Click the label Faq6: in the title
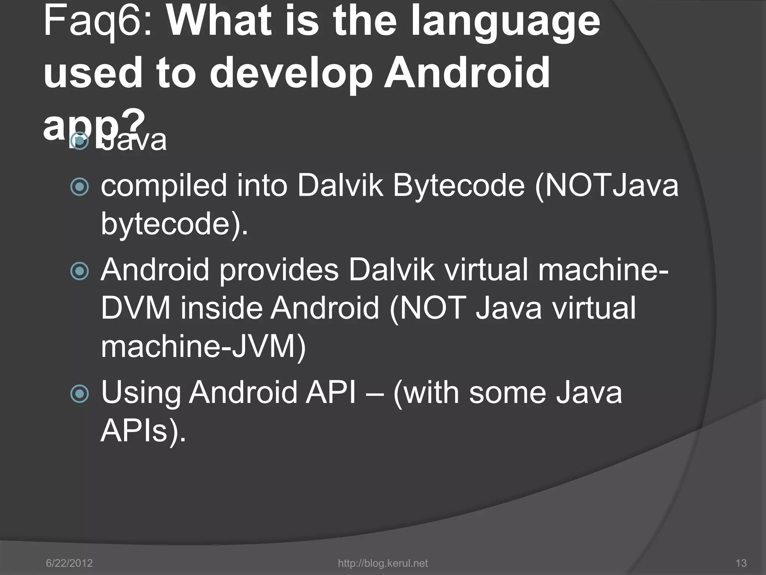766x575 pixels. tap(98, 22)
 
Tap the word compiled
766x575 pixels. tap(164, 186)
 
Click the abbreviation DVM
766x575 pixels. tap(136, 308)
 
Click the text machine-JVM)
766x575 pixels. tap(203, 346)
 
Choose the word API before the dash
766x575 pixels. tap(331, 392)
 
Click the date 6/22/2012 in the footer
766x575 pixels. tap(69, 563)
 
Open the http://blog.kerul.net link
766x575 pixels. tap(383, 563)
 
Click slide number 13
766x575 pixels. tap(741, 563)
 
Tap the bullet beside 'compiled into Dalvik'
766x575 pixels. tap(80, 186)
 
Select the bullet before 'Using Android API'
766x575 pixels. tap(80, 393)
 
